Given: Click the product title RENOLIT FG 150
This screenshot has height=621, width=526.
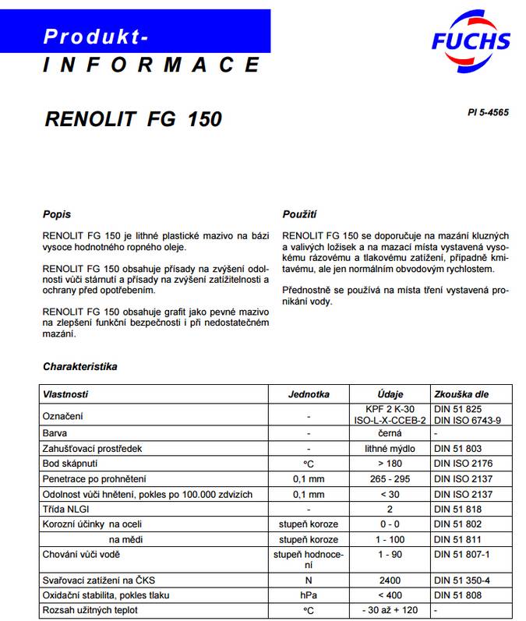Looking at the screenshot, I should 133,119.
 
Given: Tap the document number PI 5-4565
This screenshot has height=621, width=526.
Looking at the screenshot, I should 488,112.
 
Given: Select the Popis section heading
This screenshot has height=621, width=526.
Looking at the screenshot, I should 57,213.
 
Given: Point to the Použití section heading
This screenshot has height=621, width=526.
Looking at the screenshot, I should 299,213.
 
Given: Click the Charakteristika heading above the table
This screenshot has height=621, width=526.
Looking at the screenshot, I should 80,366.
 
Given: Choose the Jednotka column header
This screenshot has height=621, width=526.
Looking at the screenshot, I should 309,394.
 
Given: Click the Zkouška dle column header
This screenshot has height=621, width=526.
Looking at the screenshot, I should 461,394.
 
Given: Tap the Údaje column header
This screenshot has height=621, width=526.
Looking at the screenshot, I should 390,394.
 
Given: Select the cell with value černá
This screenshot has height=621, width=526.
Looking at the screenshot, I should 390,432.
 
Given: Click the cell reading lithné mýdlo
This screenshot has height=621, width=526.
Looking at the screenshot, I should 390,448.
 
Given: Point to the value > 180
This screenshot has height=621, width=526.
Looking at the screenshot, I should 390,464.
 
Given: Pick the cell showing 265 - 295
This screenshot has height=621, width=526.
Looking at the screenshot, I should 390,478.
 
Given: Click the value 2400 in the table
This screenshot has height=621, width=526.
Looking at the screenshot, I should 390,580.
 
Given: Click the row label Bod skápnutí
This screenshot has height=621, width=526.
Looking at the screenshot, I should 72,464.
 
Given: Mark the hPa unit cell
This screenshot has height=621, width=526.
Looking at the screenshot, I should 309,595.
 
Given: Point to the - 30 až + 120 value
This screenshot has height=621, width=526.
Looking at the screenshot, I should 390,609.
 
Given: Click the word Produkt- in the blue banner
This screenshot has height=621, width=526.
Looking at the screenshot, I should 96,36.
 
